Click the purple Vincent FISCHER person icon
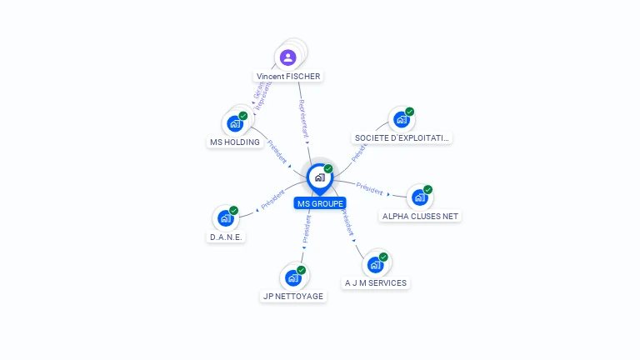coord(287,57)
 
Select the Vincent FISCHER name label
coord(288,76)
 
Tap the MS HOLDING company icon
coord(235,124)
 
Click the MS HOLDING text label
coord(235,142)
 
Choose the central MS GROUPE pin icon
coord(319,177)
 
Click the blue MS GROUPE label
coord(320,203)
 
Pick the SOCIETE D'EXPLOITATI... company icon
coord(402,120)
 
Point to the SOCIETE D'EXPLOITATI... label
coord(402,137)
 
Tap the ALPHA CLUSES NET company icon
coord(419,198)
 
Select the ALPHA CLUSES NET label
coord(420,216)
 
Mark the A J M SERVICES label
coord(376,282)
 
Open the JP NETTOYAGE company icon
coord(292,278)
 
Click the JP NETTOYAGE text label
coord(293,296)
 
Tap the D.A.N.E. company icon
coord(225,218)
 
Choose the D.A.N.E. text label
coord(226,237)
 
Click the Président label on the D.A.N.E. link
coord(273,200)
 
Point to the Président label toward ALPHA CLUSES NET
coord(369,187)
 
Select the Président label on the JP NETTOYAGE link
coord(306,232)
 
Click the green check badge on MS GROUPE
coord(328,169)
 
